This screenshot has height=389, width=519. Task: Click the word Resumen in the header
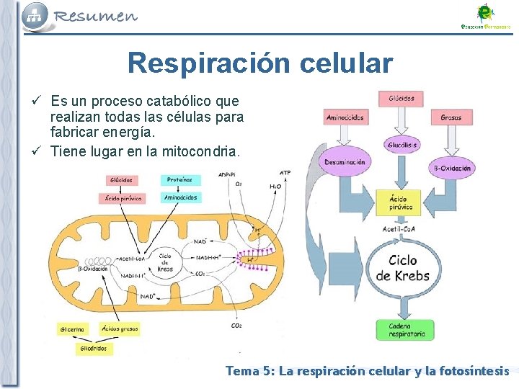(96, 16)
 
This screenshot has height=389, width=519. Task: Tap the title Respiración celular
(260, 63)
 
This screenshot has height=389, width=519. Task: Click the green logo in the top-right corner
(485, 16)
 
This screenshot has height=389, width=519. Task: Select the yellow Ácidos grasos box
(120, 328)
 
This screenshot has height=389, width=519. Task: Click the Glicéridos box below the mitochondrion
(94, 349)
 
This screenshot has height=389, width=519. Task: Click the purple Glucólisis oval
(402, 144)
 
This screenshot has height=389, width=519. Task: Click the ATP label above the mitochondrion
(285, 173)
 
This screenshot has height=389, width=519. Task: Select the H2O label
(275, 186)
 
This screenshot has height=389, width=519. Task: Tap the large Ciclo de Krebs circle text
(402, 268)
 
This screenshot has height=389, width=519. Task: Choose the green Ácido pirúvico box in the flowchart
(401, 202)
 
